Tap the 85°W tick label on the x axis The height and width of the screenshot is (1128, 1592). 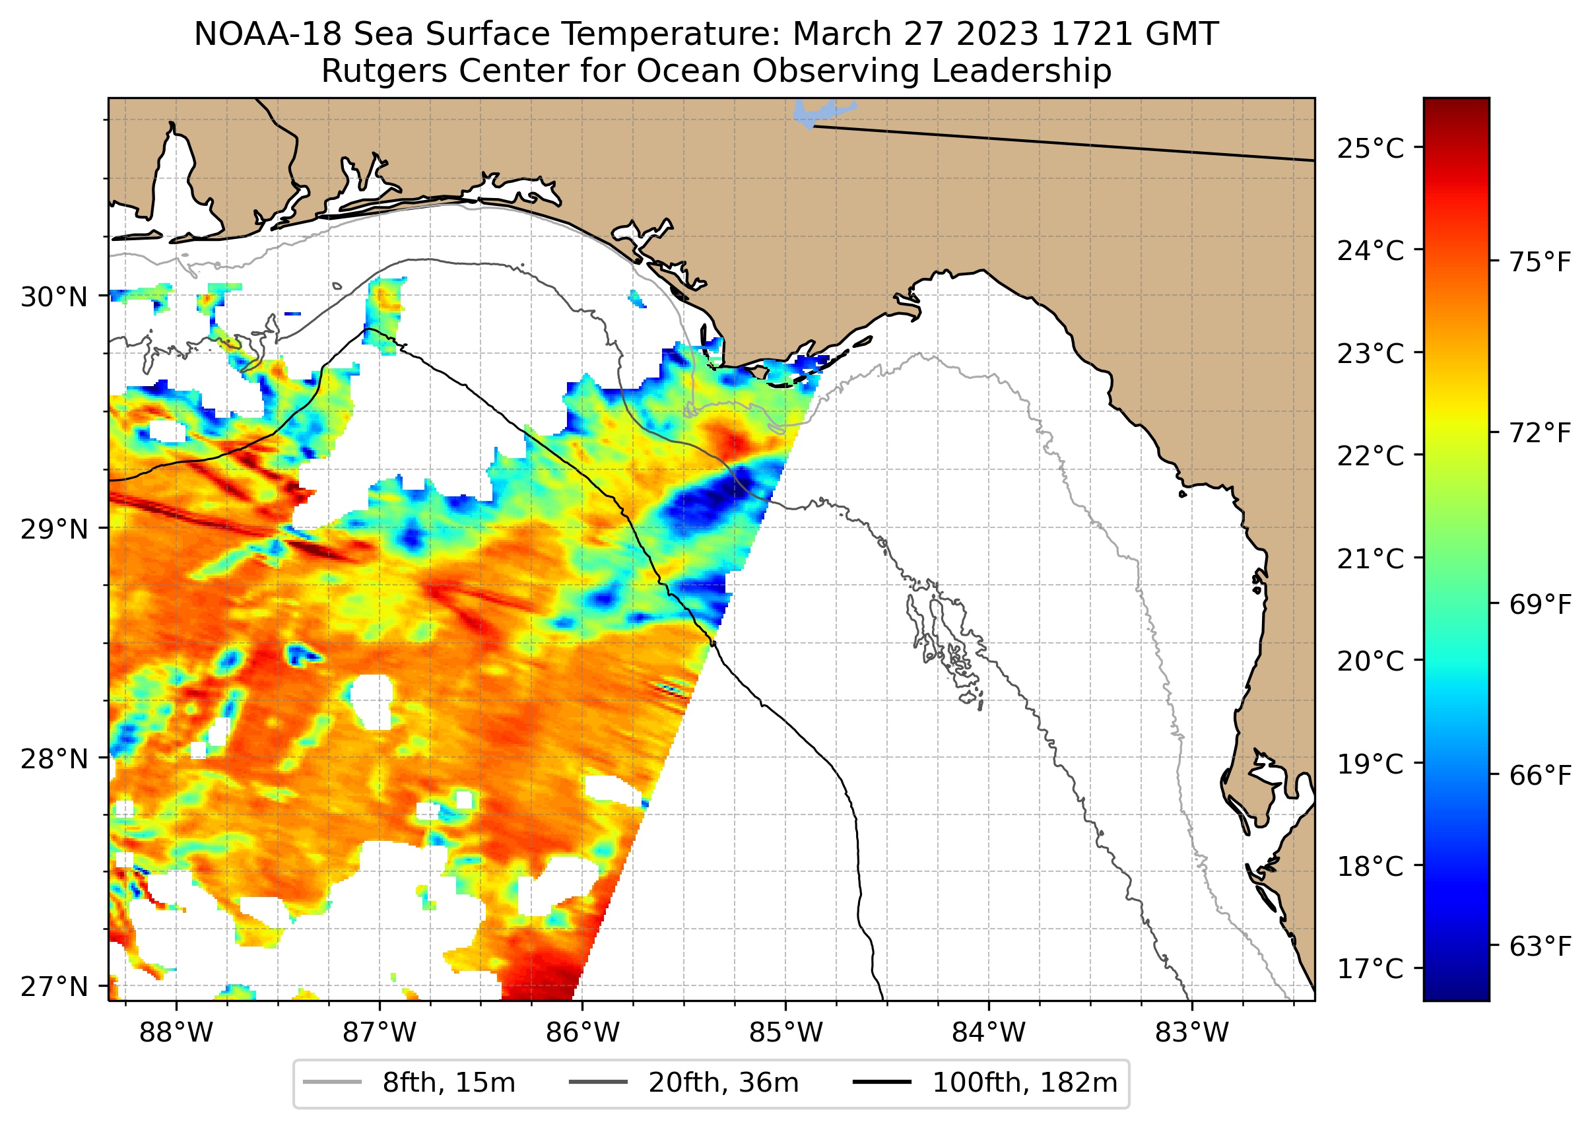[x=785, y=1033]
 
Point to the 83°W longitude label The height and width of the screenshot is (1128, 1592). [x=1192, y=1033]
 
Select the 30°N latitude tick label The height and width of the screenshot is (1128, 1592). [x=54, y=297]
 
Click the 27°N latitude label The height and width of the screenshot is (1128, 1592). [x=54, y=986]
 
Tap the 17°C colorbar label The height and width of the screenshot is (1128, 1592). [x=1370, y=968]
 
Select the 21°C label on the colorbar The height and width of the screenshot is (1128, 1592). [x=1370, y=558]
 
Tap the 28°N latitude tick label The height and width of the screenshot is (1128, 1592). [x=54, y=759]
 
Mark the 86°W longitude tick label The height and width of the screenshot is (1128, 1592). [x=582, y=1033]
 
